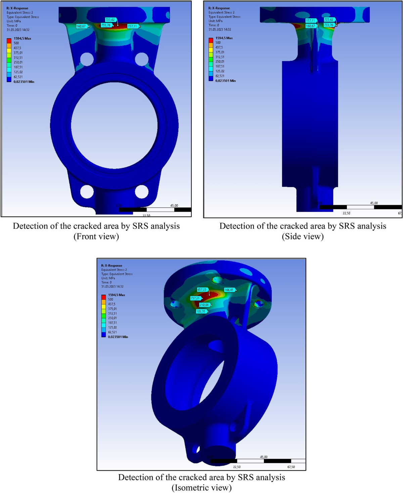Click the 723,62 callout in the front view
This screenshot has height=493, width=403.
110,20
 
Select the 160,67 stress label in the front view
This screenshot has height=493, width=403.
81,26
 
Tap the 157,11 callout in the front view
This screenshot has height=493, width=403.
132,26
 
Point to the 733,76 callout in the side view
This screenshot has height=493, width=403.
329,25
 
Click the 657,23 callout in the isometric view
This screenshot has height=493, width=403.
202,290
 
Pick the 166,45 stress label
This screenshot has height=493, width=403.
229,290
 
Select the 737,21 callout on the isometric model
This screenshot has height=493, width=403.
195,298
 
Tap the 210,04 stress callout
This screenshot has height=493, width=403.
204,305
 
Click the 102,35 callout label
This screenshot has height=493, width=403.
201,311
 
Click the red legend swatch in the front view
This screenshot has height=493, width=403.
9,41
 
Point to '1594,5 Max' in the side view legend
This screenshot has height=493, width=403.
224,38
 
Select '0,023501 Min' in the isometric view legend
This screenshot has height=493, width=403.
118,337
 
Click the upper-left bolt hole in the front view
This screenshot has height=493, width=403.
87,60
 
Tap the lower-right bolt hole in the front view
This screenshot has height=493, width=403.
141,192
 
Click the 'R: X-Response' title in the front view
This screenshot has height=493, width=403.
17,8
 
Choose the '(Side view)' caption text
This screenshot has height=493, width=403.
303,236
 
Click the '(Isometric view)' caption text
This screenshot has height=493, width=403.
201,488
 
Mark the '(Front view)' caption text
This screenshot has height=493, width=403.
96,236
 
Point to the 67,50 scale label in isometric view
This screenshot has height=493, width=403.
291,467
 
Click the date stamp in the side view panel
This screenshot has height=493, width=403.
220,29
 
